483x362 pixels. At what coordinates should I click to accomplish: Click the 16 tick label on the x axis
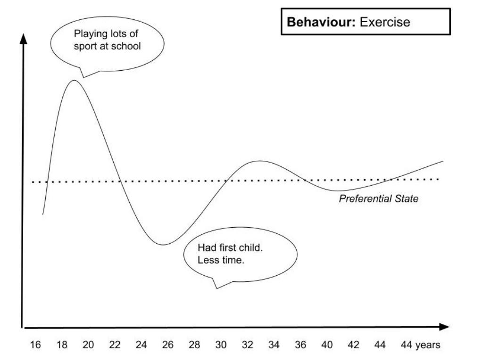[x=36, y=345]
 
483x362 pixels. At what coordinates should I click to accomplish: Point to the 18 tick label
[x=62, y=345]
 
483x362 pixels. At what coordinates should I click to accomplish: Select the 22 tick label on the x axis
[x=115, y=345]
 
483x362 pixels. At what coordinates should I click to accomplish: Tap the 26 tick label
[x=168, y=345]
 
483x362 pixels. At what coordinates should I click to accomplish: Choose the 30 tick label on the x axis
[x=221, y=345]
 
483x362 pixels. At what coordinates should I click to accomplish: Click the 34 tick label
[x=274, y=345]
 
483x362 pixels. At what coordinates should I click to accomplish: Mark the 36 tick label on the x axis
[x=300, y=345]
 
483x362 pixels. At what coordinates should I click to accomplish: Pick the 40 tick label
[x=327, y=345]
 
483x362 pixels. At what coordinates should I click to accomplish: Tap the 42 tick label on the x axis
[x=354, y=345]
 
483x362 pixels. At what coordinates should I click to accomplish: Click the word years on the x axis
[x=428, y=345]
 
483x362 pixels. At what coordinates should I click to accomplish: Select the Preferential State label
[x=378, y=199]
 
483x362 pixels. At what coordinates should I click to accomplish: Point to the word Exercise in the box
[x=385, y=22]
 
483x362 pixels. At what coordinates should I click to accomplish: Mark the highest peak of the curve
[x=75, y=81]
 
